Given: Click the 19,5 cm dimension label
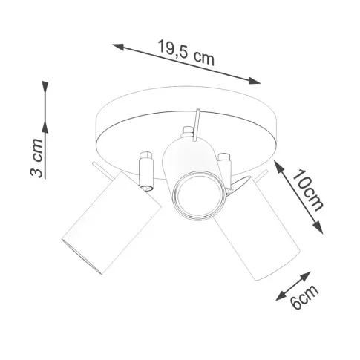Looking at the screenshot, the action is [186, 53].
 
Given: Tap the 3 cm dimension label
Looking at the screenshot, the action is [36, 158].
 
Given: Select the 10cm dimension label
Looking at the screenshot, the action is [307, 190].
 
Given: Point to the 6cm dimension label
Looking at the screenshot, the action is [304, 296].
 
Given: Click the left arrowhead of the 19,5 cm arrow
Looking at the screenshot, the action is [118, 47].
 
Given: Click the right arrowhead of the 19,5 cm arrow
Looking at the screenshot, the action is [255, 81].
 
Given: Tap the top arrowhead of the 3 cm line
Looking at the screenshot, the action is [45, 87].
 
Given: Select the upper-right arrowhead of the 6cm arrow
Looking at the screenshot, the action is [306, 275].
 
